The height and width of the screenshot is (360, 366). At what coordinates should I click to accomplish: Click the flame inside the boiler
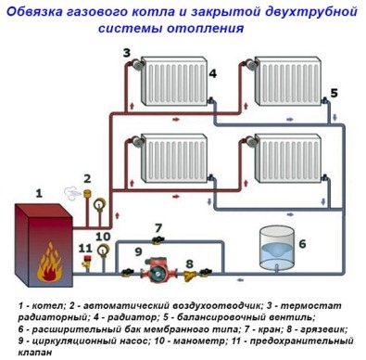tap(44, 269)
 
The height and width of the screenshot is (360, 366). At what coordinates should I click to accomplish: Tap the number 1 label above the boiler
tap(39, 193)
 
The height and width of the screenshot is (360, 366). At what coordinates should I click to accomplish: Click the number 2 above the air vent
tap(87, 178)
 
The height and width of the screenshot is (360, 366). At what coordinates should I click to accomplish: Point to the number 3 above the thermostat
tap(125, 55)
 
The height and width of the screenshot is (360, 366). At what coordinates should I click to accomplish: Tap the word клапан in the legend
tap(39, 350)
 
